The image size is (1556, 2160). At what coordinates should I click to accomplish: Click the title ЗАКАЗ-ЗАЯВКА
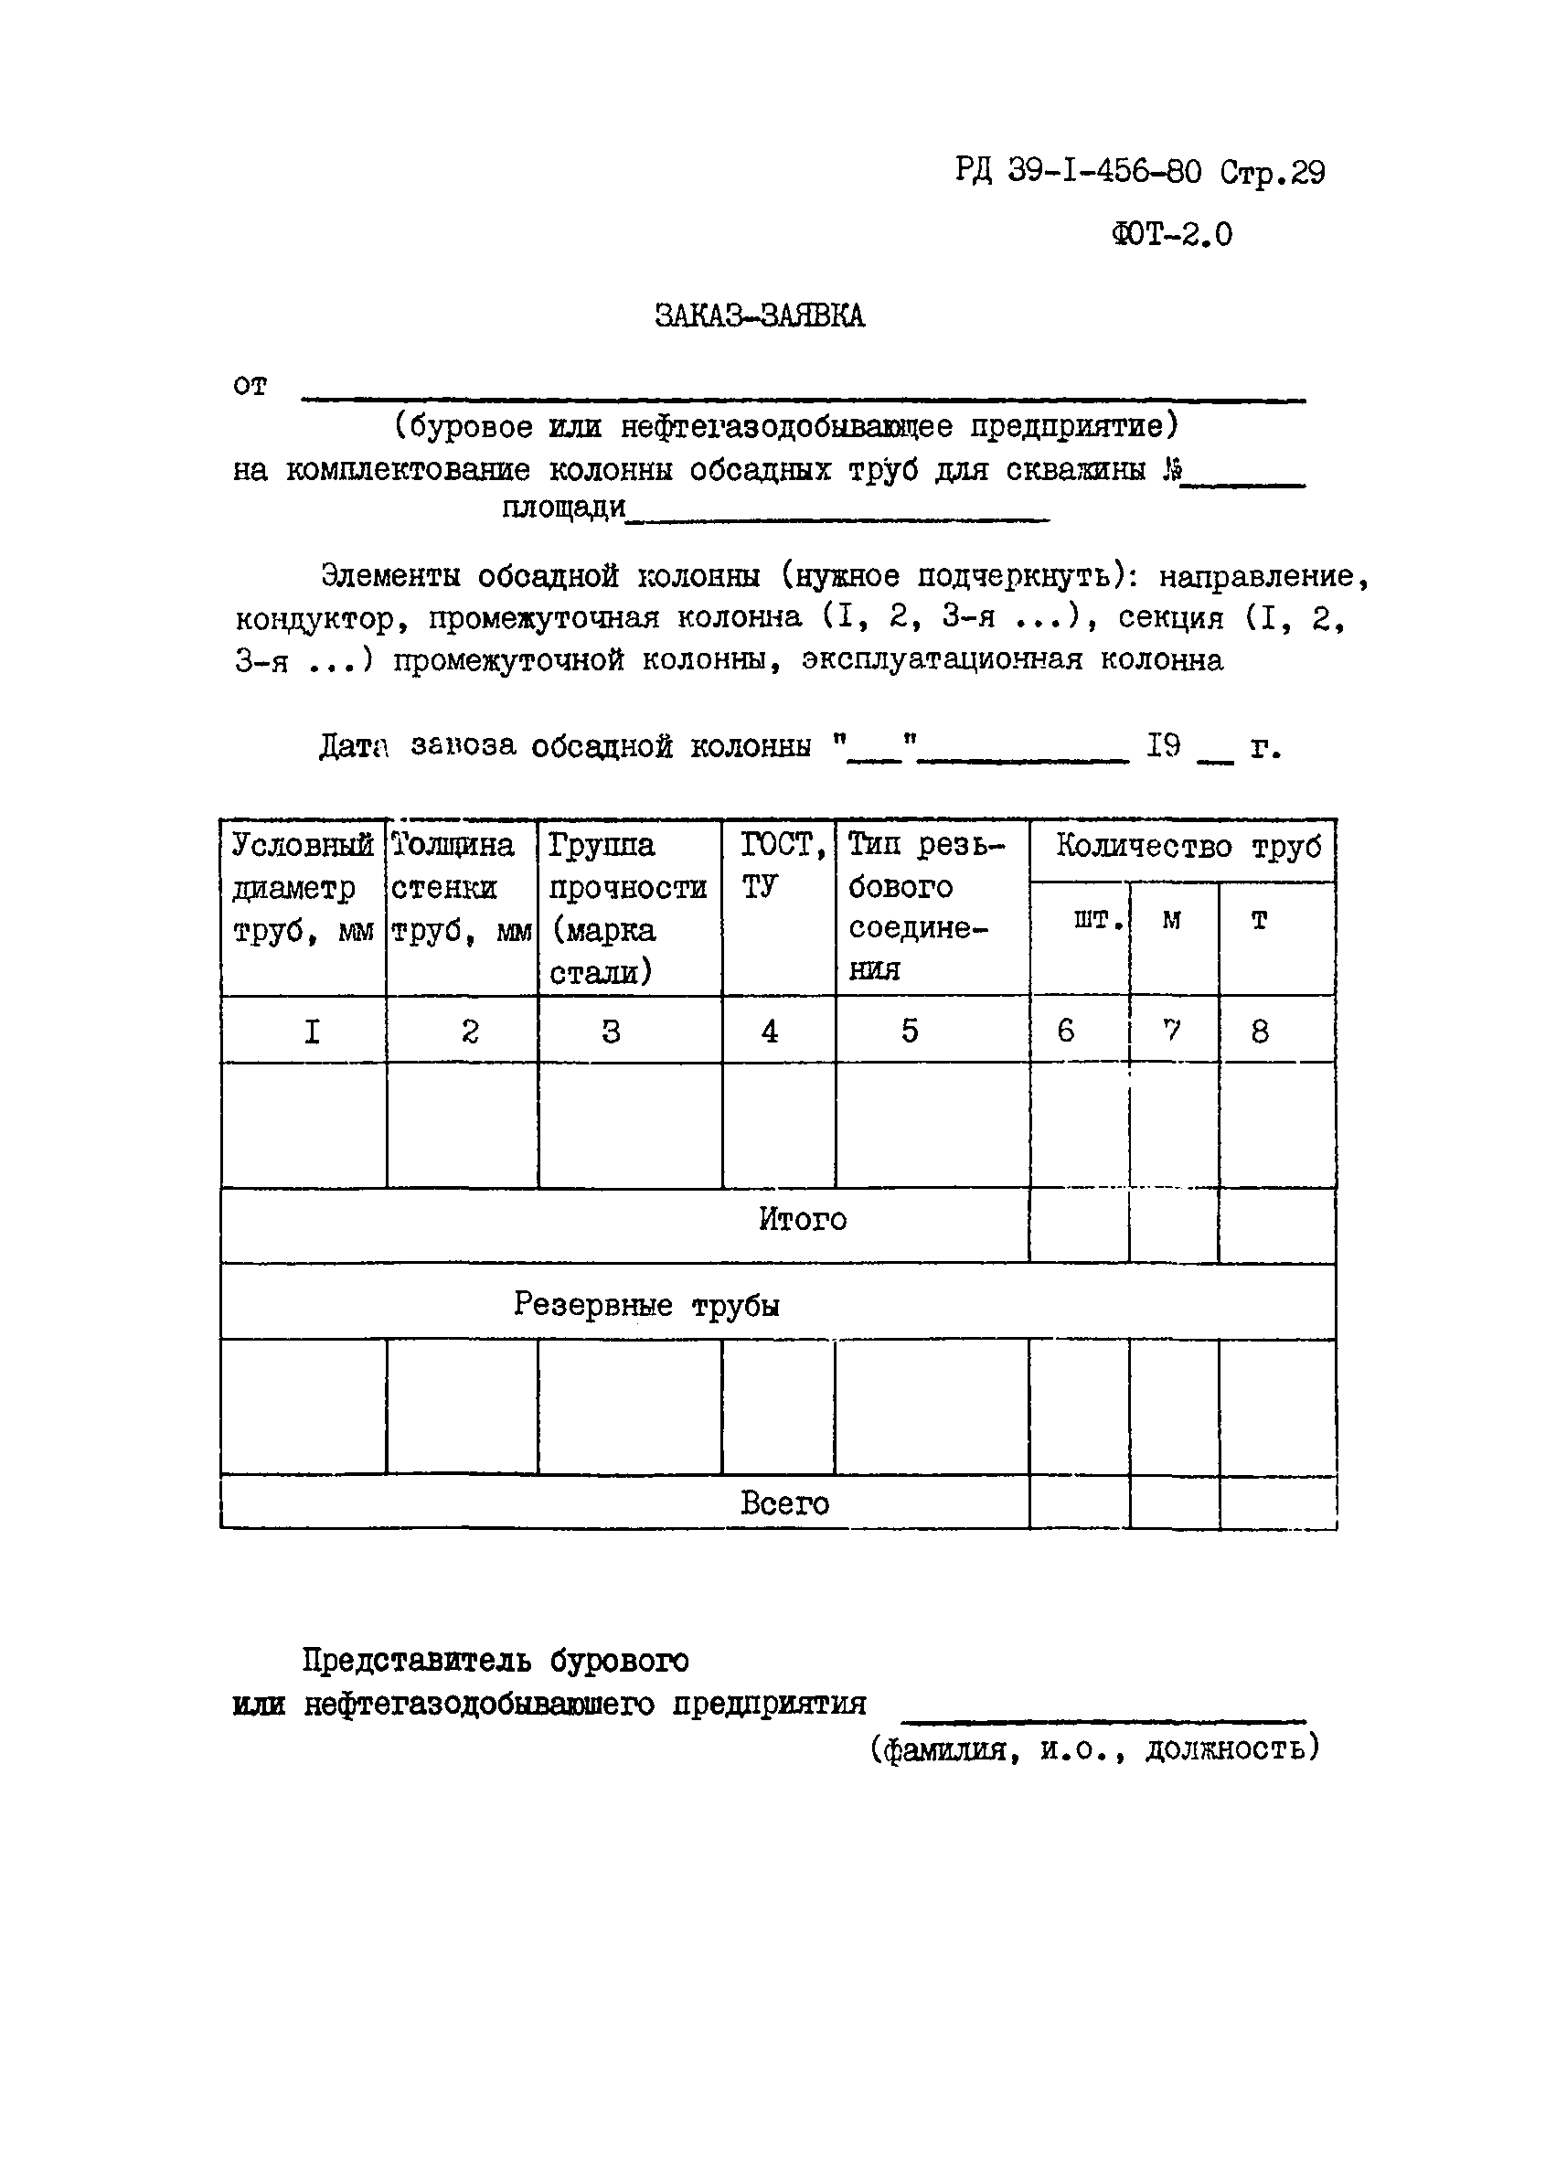pos(759,315)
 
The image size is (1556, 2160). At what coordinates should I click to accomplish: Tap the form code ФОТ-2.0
pos(1170,234)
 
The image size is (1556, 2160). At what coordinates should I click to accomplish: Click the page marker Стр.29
pos(1273,174)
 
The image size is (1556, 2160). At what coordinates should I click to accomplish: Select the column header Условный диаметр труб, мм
pos(303,888)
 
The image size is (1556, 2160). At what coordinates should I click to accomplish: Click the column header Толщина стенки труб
pos(461,888)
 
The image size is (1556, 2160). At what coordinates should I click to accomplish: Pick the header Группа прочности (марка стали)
pos(628,907)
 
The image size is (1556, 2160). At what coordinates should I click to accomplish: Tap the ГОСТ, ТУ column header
pos(781,865)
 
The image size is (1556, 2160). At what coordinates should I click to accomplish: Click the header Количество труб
pos(1187,846)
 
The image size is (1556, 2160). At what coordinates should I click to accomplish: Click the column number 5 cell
pos(910,1031)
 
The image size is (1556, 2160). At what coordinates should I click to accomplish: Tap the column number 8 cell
pos(1259,1031)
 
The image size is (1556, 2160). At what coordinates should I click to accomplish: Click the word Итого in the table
pos(802,1219)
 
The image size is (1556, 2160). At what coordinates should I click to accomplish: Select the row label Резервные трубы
pos(646,1304)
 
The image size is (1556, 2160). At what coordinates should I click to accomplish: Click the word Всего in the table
pos(784,1502)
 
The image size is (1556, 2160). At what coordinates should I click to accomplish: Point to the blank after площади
pos(838,510)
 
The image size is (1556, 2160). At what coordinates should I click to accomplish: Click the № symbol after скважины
pos(1172,469)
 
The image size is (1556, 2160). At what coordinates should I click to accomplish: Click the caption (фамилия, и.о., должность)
pos(1094,1748)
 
